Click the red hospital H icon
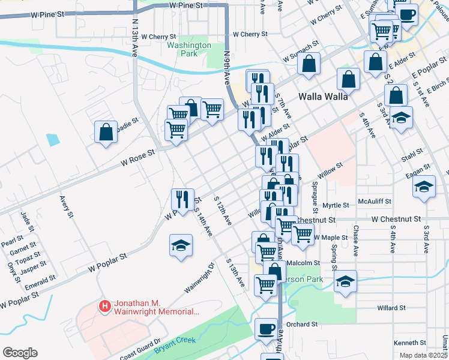[x=105, y=307]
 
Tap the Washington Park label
[x=189, y=49]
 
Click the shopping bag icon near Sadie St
[x=106, y=133]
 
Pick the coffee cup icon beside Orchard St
[x=266, y=329]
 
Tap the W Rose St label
[x=137, y=157]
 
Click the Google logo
[x=20, y=352]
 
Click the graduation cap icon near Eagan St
[x=424, y=187]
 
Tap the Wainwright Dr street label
[x=199, y=277]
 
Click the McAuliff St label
[x=374, y=202]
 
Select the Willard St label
[x=391, y=308]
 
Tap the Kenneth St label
[x=409, y=343]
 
